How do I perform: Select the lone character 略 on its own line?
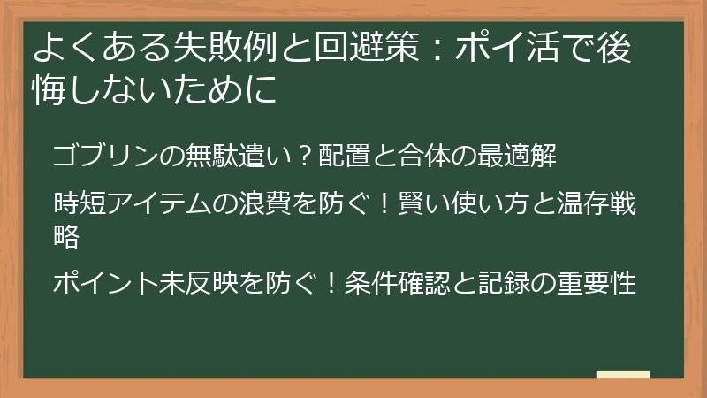pos(67,236)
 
